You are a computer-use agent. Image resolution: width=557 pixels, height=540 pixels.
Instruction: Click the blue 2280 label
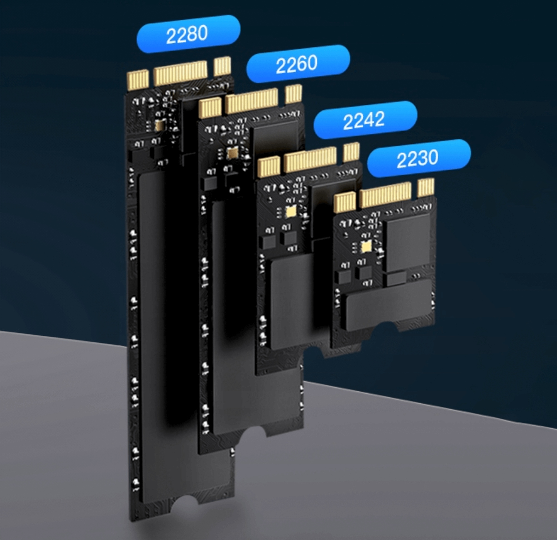188,34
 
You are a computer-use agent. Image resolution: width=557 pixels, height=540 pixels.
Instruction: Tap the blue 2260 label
298,64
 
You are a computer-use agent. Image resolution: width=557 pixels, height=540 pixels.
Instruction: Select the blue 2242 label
365,120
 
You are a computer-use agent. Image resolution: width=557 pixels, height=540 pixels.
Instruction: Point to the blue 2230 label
419,158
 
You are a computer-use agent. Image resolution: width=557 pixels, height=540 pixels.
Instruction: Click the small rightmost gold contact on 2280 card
222,66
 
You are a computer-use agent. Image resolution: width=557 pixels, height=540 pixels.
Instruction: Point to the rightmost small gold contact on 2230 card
426,188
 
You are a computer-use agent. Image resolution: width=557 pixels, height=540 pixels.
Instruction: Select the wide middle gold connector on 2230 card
385,195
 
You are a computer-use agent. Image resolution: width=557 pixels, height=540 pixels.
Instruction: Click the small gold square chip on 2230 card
365,247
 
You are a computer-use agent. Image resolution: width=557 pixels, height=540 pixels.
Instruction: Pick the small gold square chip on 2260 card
233,153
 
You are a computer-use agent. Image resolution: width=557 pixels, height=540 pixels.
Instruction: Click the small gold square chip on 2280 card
160,125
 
